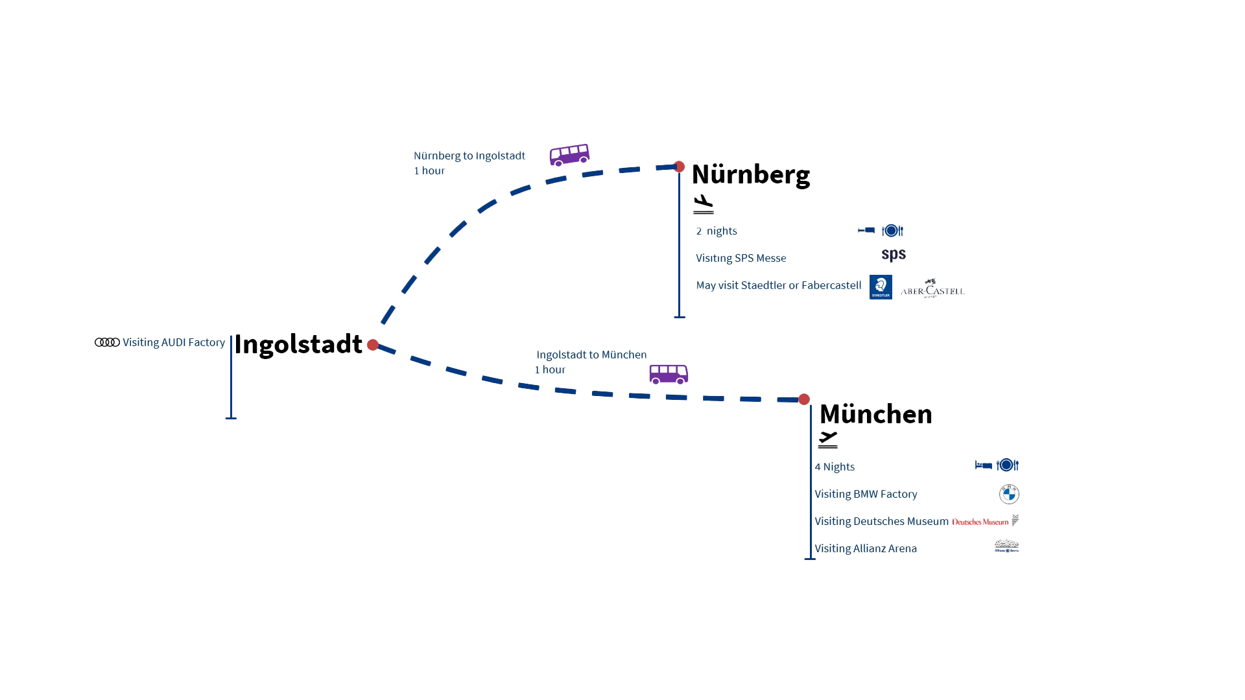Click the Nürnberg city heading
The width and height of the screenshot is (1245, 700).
750,175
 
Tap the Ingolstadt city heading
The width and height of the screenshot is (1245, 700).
298,344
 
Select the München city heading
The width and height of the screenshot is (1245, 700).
875,414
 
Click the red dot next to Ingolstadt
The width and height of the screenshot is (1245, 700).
373,345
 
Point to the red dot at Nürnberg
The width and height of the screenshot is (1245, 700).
679,167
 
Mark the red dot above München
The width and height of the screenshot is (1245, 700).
804,399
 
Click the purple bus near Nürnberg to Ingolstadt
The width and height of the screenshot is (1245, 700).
569,155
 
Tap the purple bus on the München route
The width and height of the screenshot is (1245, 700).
669,374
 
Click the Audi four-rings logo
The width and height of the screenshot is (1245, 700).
107,342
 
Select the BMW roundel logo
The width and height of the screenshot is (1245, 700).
1009,495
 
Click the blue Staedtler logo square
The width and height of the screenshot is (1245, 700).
881,287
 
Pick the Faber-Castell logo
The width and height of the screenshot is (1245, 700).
931,288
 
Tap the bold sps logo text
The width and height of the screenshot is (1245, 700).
894,253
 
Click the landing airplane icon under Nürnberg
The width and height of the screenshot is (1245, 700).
703,204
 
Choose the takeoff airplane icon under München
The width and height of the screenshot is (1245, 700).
828,439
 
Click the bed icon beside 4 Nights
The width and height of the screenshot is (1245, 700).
984,465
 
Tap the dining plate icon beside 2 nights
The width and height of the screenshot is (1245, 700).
892,231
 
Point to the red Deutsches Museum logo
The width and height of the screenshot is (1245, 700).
980,522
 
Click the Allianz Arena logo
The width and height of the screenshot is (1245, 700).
1006,546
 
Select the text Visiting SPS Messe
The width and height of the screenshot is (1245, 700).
741,258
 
